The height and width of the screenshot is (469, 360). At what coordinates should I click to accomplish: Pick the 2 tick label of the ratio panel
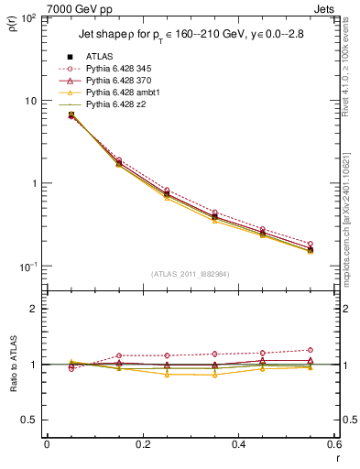tap(35, 309)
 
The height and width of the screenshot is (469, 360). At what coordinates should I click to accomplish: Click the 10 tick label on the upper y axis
tap(31, 101)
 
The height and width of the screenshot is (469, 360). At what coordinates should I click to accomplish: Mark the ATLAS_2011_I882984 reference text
tap(190, 275)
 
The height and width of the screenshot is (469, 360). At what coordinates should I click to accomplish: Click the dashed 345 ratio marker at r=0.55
tap(311, 350)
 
